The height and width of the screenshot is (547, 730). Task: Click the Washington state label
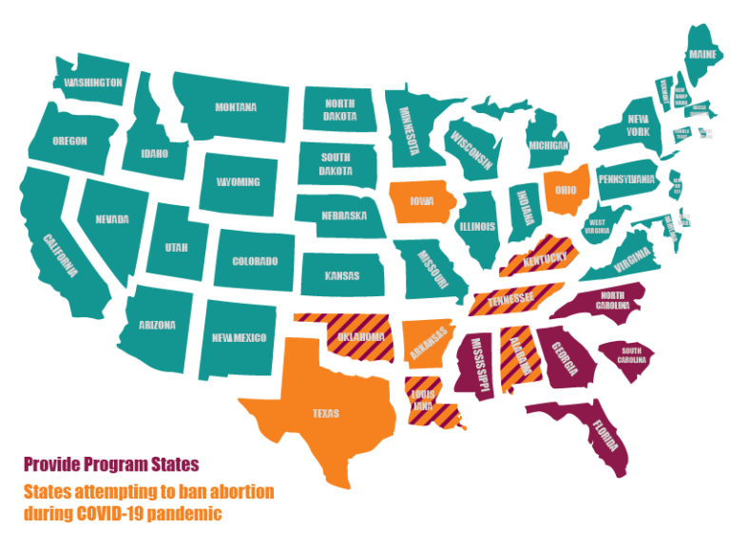coord(93,83)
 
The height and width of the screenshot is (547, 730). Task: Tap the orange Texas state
coord(325,412)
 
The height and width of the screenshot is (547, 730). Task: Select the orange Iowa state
coord(422,201)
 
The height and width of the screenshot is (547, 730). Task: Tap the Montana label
coord(235,107)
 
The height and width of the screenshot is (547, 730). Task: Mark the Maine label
coord(702,54)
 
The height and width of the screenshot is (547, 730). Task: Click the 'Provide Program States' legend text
coord(111,464)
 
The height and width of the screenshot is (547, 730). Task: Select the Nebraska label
coord(343,216)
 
